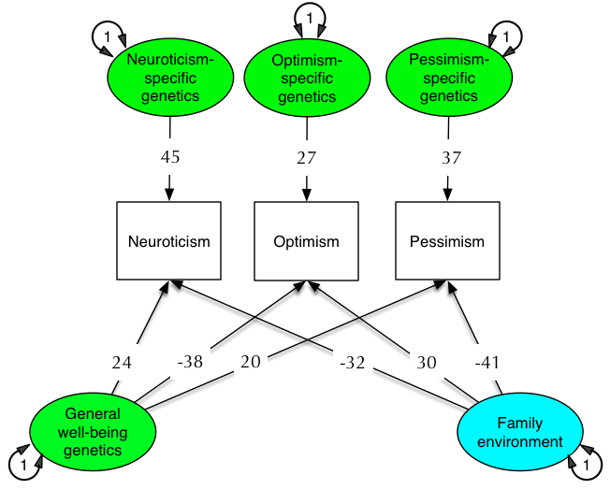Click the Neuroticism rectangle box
coord(169,241)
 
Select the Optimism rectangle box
coord(306,241)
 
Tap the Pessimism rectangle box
coord(447,241)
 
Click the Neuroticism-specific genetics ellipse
coord(169,78)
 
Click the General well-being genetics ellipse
coord(93,431)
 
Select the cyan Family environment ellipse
coord(519,432)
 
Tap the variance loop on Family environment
coord(583,463)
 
